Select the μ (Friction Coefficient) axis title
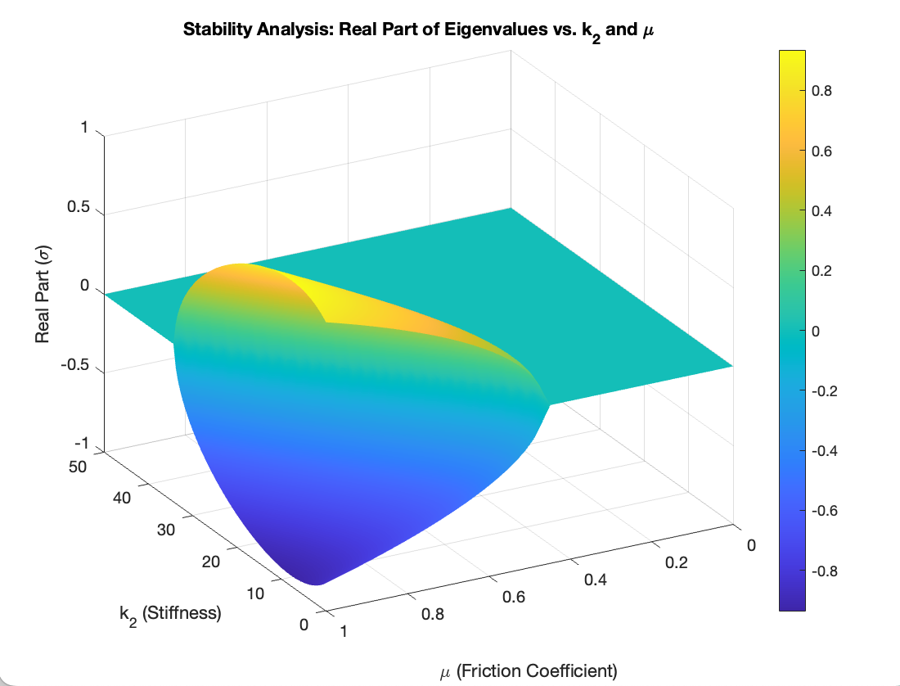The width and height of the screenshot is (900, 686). pos(528,672)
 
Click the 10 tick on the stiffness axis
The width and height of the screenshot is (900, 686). pos(254,594)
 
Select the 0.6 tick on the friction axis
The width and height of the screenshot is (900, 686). pos(513,597)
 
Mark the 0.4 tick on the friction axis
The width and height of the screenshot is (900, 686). pos(595,580)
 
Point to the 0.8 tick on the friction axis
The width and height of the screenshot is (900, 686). pos(432,614)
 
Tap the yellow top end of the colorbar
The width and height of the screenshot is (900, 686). pos(792,56)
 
